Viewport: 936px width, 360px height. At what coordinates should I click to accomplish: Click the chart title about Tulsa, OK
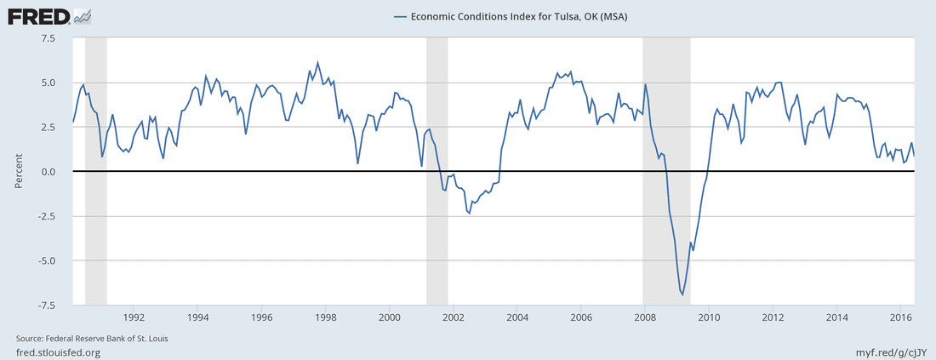(x=519, y=16)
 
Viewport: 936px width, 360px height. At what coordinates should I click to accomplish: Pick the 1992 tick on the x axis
(x=134, y=317)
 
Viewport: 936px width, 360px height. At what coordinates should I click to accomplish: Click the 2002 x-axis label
(x=454, y=317)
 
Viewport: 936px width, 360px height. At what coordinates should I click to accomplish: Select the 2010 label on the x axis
(x=710, y=317)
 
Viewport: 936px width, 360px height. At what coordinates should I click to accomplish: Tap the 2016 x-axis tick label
(x=901, y=317)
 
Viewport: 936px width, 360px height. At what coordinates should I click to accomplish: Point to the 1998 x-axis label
(x=325, y=317)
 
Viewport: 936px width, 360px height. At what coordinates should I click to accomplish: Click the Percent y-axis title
(x=18, y=172)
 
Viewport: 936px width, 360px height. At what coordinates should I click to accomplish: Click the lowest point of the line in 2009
(x=682, y=294)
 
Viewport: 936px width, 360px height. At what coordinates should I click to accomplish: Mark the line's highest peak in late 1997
(x=317, y=62)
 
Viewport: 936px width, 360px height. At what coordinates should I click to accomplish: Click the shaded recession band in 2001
(x=437, y=170)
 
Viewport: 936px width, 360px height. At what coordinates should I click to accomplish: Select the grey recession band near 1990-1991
(x=95, y=170)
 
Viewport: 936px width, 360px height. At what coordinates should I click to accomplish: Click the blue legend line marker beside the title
(x=401, y=16)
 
